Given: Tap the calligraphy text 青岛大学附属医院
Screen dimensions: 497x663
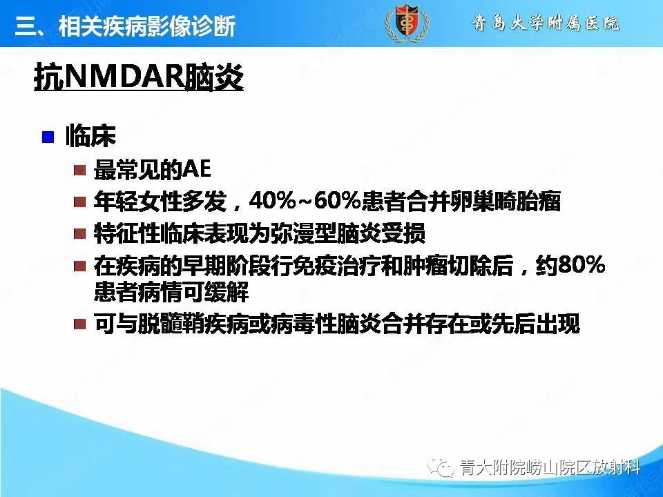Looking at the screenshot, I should coord(546,23).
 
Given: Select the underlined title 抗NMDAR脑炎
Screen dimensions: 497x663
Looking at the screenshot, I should coord(139,79).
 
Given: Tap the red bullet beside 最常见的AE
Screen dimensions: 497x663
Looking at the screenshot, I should coord(80,170).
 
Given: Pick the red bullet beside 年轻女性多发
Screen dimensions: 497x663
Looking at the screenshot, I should coord(80,202).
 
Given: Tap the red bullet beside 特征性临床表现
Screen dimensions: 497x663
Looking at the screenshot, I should coord(80,234).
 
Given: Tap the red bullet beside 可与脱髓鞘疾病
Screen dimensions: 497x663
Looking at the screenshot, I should coord(80,324).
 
